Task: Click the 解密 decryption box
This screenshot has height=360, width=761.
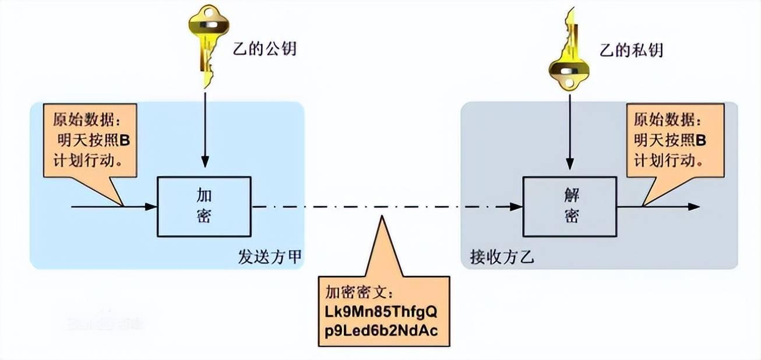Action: click(569, 207)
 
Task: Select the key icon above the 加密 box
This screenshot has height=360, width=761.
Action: click(205, 44)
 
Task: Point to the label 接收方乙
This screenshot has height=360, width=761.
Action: click(502, 257)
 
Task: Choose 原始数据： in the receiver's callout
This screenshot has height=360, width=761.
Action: click(665, 121)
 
